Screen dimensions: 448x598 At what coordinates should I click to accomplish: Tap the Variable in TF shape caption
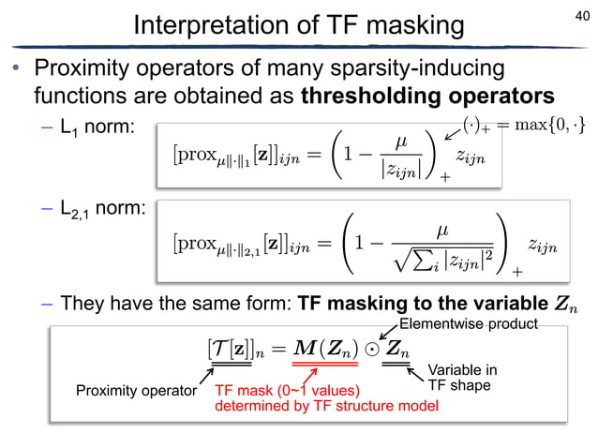(460, 377)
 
